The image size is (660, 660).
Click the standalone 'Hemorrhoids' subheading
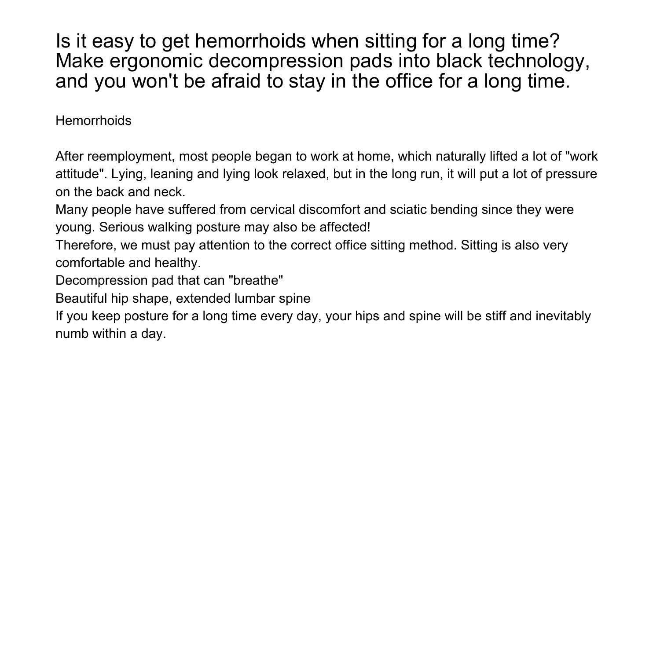(93, 121)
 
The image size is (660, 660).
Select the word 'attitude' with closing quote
(81, 174)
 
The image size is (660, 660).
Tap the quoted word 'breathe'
(256, 280)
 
